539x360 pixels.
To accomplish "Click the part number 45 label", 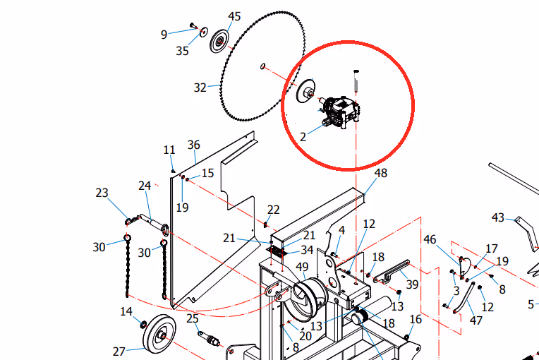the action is pyautogui.click(x=234, y=16).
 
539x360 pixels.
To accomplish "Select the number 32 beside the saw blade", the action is pyautogui.click(x=200, y=88).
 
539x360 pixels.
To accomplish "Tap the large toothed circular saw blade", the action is pyautogui.click(x=262, y=66).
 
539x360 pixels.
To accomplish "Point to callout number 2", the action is pyautogui.click(x=303, y=137).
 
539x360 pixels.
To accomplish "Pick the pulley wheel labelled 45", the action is pyautogui.click(x=219, y=41).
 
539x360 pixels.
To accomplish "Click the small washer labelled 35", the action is pyautogui.click(x=204, y=32).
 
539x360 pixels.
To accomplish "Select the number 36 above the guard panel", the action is pyautogui.click(x=194, y=145).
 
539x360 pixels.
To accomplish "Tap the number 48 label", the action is pyautogui.click(x=381, y=173).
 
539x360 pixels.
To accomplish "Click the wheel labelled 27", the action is pyautogui.click(x=159, y=333).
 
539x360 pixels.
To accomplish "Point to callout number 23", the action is pyautogui.click(x=102, y=193).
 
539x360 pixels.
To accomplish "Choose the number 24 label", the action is pyautogui.click(x=145, y=186).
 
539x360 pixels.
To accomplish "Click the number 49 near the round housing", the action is pyautogui.click(x=302, y=267).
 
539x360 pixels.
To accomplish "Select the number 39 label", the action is pyautogui.click(x=413, y=284).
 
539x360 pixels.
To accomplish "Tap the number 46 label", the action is pyautogui.click(x=430, y=239).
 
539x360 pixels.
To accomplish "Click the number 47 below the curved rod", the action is pyautogui.click(x=476, y=320).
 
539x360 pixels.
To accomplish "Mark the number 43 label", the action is pyautogui.click(x=498, y=217).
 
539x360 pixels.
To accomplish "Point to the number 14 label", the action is pyautogui.click(x=126, y=311).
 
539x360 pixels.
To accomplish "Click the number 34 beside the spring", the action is pyautogui.click(x=307, y=250).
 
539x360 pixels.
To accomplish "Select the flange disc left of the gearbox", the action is pyautogui.click(x=306, y=91).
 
